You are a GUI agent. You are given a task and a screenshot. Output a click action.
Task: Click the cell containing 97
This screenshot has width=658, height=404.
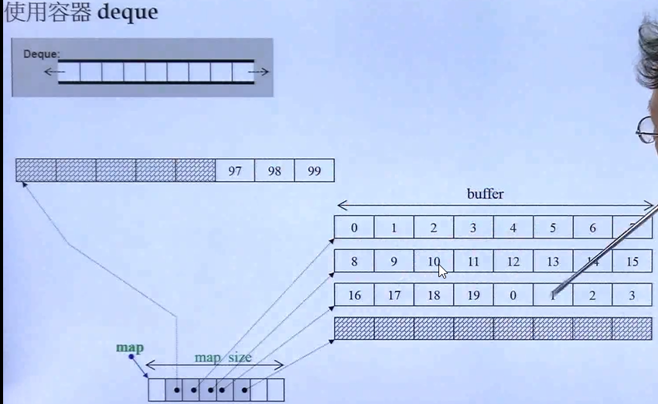point(235,171)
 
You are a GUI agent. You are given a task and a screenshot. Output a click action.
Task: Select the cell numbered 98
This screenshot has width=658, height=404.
point(274,171)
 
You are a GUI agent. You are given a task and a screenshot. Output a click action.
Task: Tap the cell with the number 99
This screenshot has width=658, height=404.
point(314,171)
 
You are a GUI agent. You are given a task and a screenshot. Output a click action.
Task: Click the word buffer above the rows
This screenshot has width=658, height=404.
point(485,194)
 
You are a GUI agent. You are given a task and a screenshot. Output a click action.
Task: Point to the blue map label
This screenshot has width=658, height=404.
point(130,348)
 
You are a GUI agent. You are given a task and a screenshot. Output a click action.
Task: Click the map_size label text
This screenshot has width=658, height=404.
point(223,358)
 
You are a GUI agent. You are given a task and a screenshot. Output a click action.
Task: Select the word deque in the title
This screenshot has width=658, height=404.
point(128,13)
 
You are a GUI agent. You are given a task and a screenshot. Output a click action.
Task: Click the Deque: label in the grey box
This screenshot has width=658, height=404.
point(42,54)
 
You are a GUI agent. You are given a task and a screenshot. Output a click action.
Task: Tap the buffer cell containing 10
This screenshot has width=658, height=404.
point(433,262)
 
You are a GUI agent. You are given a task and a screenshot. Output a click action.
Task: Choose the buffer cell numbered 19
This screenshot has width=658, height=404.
point(473,295)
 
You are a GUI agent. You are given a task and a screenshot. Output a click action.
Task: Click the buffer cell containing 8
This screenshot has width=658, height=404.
point(354,262)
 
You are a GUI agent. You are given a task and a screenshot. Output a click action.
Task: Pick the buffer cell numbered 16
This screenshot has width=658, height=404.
point(354,295)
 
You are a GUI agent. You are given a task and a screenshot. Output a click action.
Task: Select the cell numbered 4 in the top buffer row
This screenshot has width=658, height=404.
point(513,228)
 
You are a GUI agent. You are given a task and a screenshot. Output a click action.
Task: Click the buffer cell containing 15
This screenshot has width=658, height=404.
point(632,262)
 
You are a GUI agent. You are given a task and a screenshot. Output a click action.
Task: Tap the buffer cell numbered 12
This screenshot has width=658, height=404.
point(513,262)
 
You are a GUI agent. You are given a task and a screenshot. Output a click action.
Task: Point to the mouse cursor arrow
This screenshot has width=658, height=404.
point(442,271)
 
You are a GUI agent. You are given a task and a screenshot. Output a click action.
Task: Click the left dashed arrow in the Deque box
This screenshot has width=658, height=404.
point(53,72)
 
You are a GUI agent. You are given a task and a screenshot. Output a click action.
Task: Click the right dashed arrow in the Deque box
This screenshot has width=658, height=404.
point(259,72)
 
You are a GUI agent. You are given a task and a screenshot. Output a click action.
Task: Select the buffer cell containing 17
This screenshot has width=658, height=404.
point(394,295)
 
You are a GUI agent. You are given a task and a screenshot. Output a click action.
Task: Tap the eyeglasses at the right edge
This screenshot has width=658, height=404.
point(646,130)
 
